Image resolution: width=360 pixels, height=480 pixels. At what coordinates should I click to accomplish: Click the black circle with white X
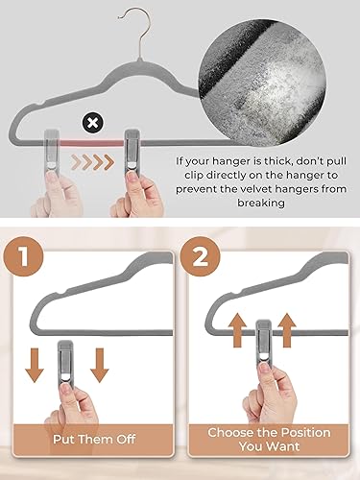tap(92, 123)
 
